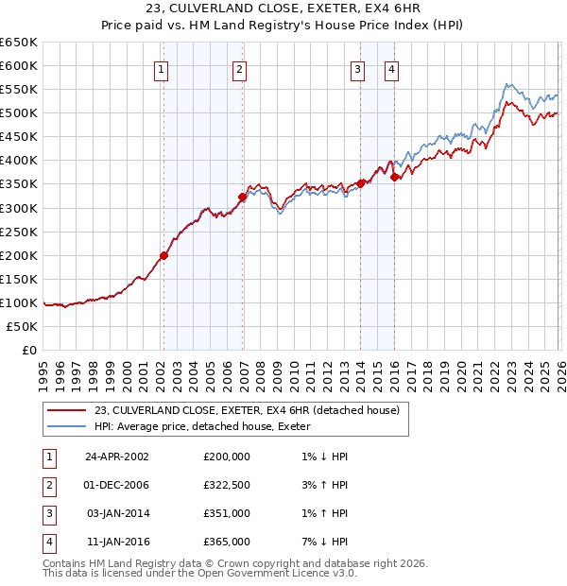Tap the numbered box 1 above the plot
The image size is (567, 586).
[x=162, y=69]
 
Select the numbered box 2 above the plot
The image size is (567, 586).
[x=240, y=69]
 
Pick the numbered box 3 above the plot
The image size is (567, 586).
[x=358, y=69]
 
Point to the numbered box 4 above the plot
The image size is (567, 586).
[x=390, y=69]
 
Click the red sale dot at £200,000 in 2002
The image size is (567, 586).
[x=163, y=255]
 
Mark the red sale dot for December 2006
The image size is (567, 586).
[x=242, y=197]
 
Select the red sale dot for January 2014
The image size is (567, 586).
[x=361, y=183]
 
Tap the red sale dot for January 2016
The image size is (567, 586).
[x=394, y=177]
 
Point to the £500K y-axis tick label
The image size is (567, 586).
[x=19, y=112]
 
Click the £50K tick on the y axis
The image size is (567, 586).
[x=22, y=326]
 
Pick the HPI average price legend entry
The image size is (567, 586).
[x=202, y=427]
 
